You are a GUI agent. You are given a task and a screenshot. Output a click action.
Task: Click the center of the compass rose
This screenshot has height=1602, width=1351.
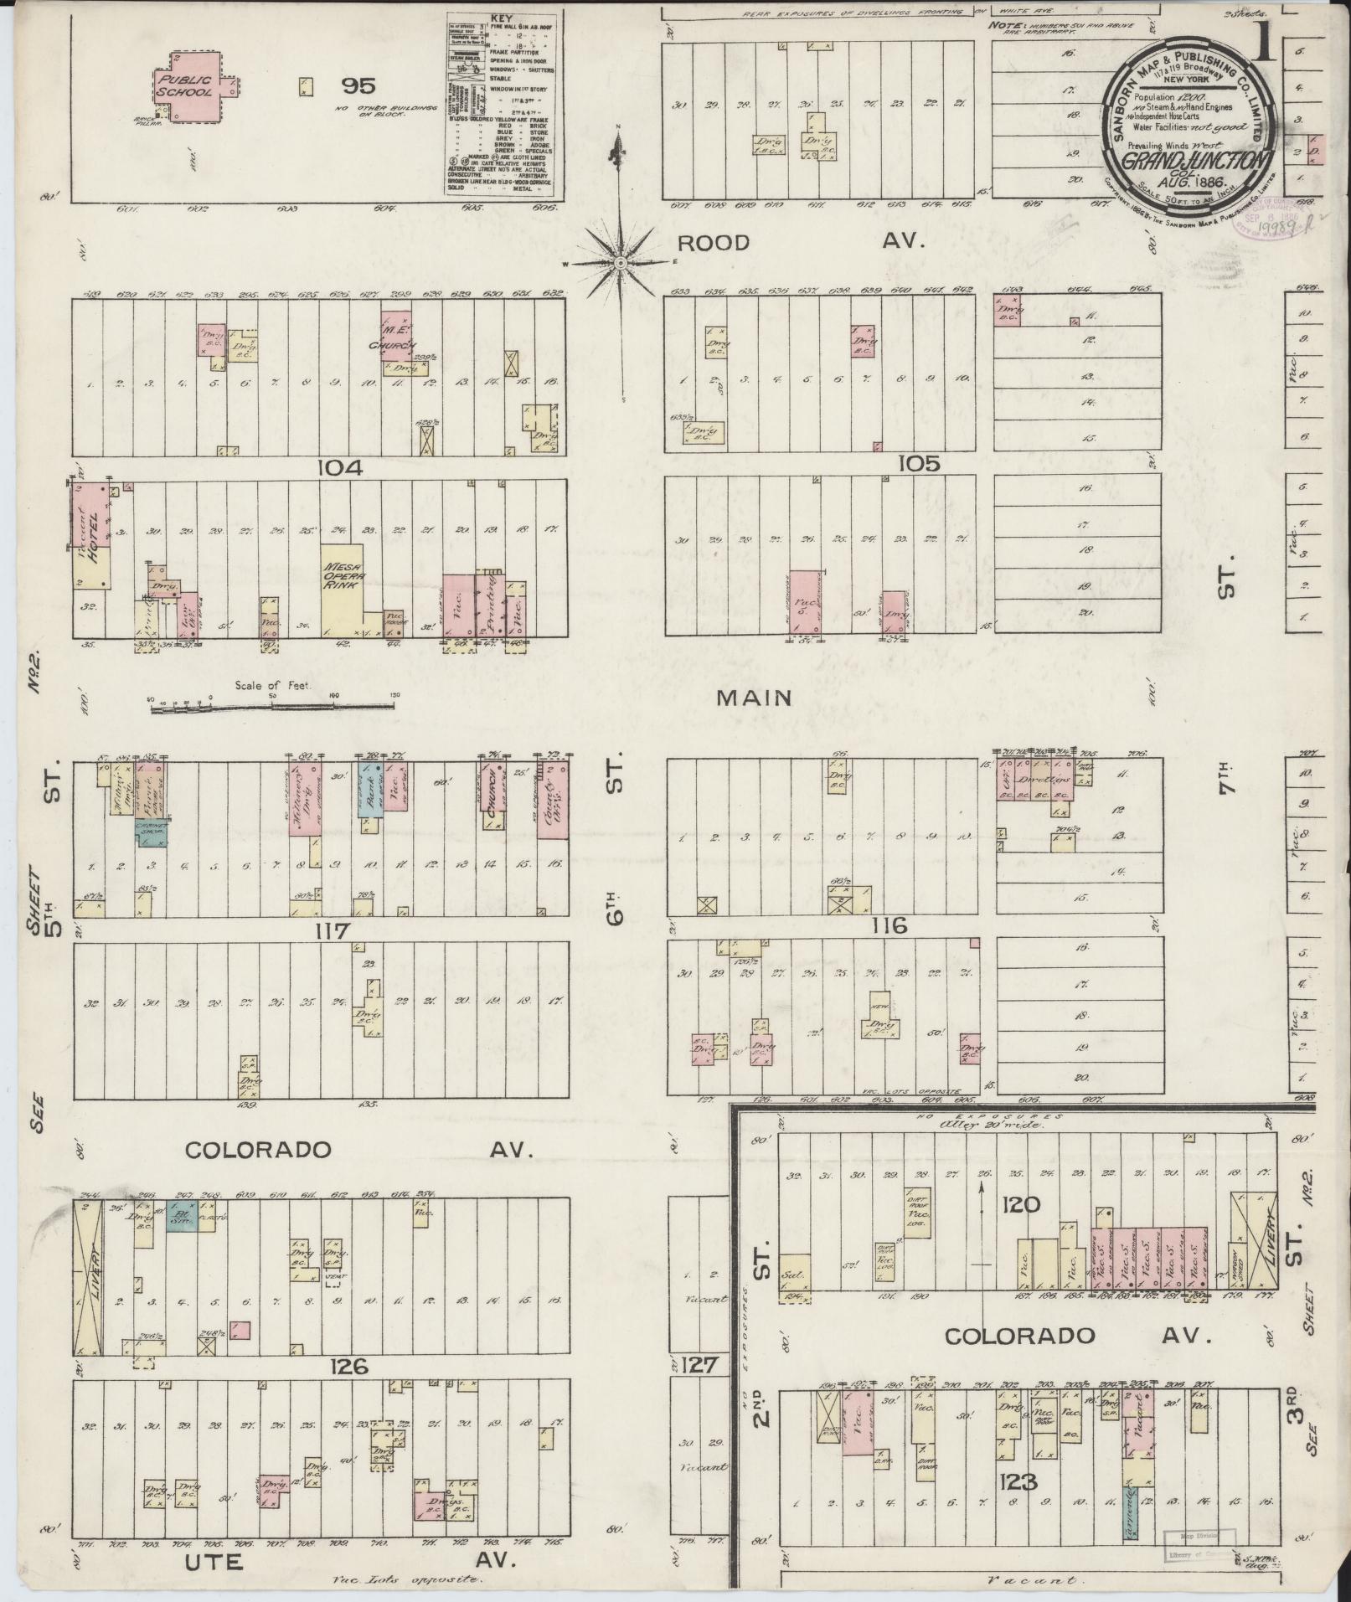pos(620,263)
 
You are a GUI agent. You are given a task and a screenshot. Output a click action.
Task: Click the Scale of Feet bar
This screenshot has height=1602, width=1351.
pos(272,708)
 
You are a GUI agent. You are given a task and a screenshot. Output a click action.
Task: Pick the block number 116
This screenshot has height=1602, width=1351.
pos(889,926)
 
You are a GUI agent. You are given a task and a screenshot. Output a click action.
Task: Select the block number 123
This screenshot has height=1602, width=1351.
pos(1018,1482)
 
